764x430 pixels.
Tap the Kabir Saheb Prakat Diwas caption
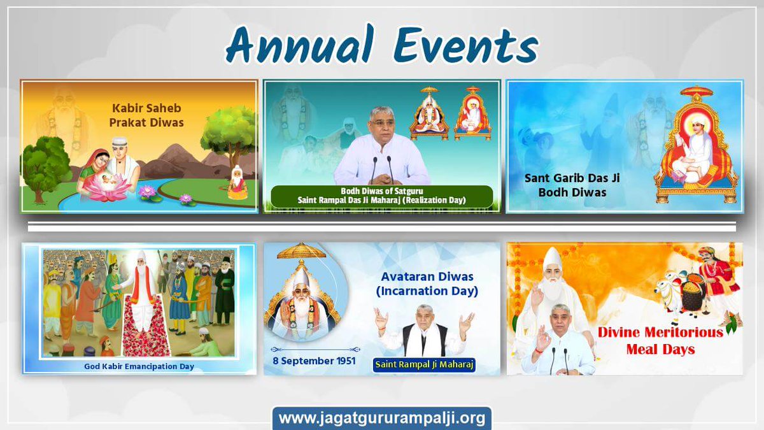pos(148,116)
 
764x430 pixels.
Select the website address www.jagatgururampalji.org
pos(382,419)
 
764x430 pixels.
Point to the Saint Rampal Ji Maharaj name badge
pos(425,364)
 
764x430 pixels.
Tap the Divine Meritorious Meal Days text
pos(660,340)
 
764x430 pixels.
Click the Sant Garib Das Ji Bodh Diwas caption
pos(571,185)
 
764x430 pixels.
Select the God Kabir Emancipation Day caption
pos(139,366)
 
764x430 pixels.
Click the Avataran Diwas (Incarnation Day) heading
pos(429,284)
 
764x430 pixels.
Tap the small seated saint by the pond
pos(237,183)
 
